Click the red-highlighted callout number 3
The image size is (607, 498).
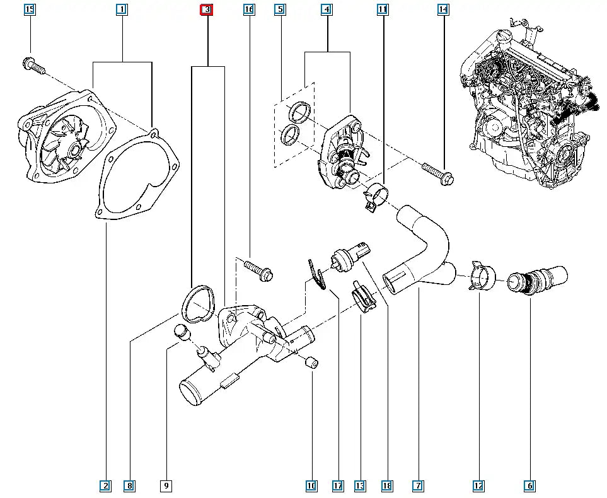207,9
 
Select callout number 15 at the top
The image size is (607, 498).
30,9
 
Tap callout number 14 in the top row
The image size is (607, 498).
443,9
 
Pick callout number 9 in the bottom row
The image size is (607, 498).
166,485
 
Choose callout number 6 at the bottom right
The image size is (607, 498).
529,485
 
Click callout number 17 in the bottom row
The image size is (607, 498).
338,485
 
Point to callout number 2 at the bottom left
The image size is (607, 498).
105,485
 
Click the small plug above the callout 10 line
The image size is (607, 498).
311,362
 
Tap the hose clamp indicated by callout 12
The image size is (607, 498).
482,277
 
